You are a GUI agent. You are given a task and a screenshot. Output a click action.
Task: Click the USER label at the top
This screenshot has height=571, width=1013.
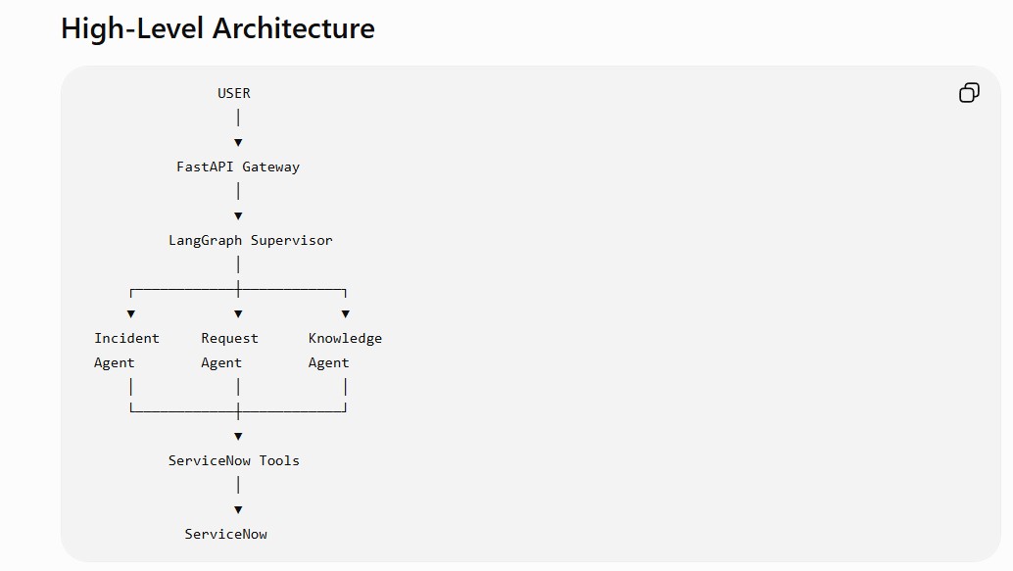point(234,93)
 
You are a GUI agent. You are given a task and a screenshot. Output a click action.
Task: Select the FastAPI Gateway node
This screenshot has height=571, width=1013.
point(238,167)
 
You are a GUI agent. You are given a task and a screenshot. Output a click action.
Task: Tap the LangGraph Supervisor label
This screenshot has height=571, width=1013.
point(251,240)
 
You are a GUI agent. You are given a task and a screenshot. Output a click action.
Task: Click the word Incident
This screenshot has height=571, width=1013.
point(126,338)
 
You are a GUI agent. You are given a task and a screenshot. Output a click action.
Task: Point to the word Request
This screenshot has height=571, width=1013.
point(229,339)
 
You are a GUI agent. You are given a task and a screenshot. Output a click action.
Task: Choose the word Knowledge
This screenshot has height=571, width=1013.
point(345,339)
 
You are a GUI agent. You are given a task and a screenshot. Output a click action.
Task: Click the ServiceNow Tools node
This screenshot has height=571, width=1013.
point(234,460)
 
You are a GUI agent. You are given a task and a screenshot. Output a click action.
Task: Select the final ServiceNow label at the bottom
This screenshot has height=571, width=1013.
point(225,534)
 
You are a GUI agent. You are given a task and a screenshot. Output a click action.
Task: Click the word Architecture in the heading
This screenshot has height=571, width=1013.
point(294,28)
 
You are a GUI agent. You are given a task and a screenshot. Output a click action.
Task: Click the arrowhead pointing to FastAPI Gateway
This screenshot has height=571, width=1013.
point(238,143)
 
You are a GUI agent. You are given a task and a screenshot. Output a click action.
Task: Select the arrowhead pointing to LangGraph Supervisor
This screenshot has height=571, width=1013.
point(238,216)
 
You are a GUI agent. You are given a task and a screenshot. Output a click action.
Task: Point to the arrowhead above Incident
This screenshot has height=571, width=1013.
point(131,314)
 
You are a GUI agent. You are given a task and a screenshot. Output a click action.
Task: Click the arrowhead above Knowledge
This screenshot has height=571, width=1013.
point(346,314)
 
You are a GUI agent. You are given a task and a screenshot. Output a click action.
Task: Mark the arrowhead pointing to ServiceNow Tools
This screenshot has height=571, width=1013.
point(238,437)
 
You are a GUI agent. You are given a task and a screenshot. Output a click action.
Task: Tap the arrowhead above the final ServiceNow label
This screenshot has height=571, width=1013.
point(238,510)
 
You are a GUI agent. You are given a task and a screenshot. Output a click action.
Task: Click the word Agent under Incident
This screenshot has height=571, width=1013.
point(115,363)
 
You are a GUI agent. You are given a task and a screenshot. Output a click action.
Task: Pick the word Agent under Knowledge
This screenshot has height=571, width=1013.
point(328,363)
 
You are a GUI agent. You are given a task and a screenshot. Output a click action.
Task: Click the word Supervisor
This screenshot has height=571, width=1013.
point(291,240)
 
